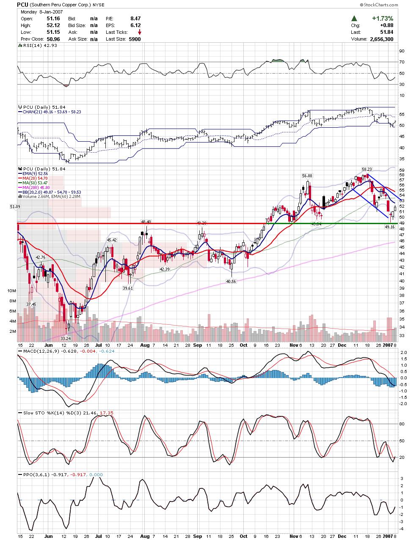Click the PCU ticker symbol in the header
point(23,5)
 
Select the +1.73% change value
point(383,19)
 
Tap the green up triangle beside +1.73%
point(354,19)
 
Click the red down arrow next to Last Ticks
point(140,32)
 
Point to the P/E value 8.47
point(135,19)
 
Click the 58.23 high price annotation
point(367,169)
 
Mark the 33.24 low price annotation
point(66,338)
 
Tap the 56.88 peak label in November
point(307,175)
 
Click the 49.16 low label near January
point(389,227)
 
